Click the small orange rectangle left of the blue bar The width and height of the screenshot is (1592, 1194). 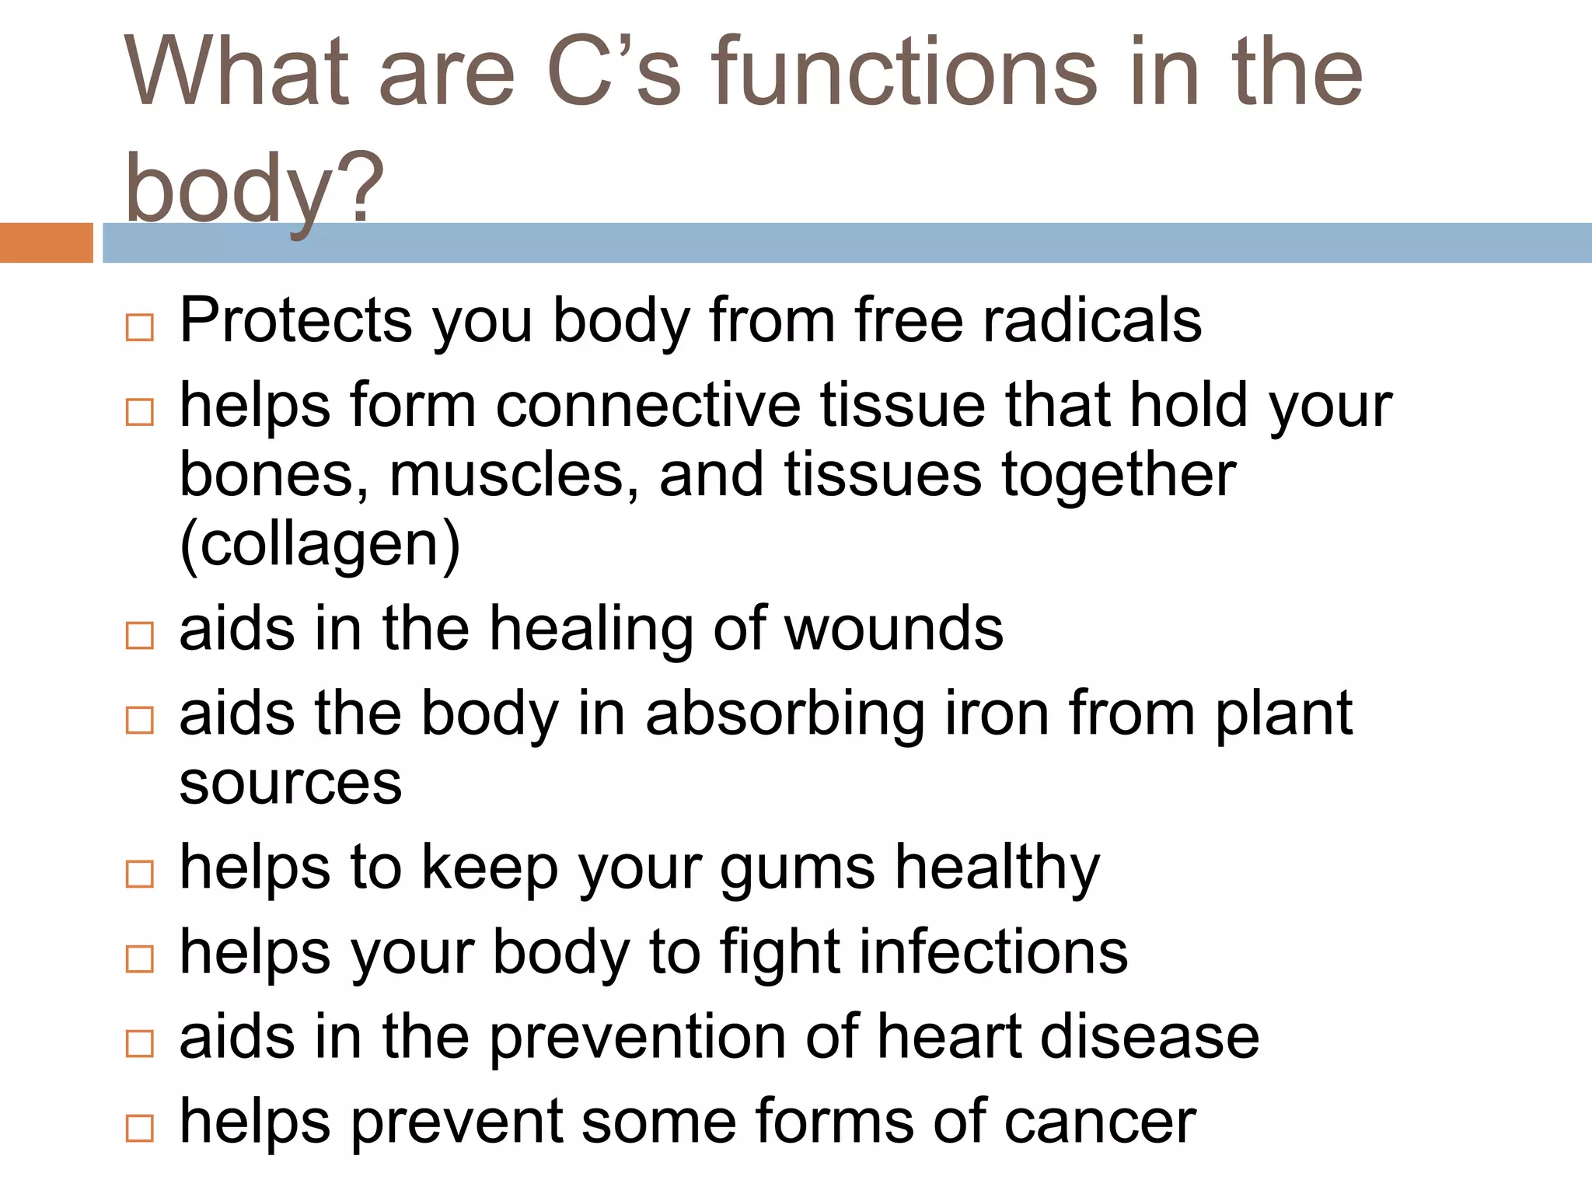(46, 243)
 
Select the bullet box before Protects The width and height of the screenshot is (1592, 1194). (140, 327)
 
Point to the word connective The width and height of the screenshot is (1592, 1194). (648, 405)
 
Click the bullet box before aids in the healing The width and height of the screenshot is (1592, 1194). (140, 635)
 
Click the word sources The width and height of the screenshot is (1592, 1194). (290, 783)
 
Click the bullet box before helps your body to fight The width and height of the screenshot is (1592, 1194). (140, 959)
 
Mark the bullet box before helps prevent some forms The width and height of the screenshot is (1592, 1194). (140, 1128)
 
